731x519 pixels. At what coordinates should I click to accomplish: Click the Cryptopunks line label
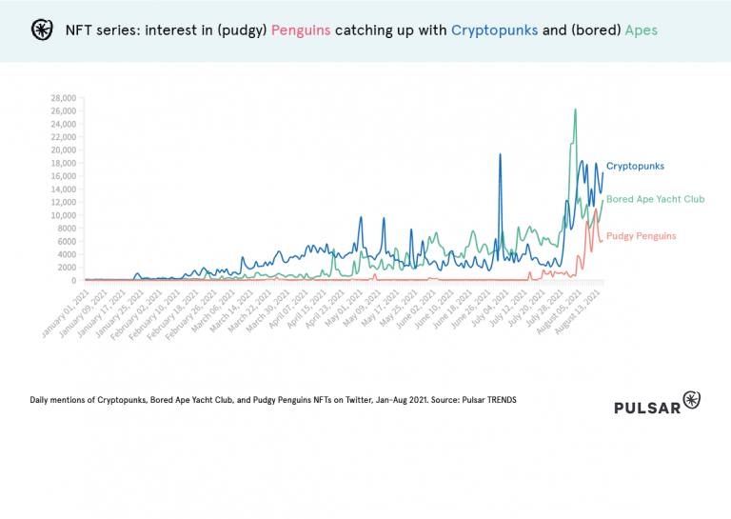point(635,166)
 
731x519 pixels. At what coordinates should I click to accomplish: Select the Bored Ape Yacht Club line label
point(655,199)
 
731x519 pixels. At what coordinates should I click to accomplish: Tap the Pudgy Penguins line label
point(641,235)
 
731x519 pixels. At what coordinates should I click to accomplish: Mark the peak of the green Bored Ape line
point(575,110)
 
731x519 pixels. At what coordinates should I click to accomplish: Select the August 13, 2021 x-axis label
point(583,309)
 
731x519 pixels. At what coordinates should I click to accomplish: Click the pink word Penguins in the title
point(303,30)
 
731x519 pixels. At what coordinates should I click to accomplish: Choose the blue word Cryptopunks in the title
point(494,30)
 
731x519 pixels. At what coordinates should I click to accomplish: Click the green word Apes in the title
point(641,30)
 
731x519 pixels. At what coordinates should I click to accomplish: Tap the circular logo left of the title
point(42,30)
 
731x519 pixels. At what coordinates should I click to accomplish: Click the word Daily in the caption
point(41,400)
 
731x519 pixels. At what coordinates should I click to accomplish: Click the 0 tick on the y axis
point(73,280)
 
